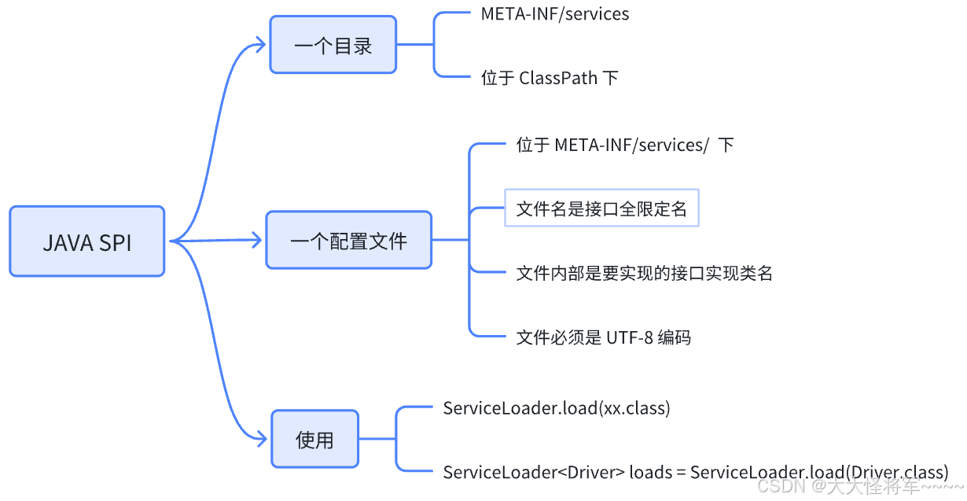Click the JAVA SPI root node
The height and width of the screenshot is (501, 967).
coord(86,241)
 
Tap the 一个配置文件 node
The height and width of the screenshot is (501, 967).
coord(348,240)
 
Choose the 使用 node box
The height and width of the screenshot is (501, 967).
coord(314,440)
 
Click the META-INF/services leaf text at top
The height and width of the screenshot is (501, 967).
coord(554,14)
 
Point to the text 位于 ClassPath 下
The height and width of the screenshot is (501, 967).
coord(549,78)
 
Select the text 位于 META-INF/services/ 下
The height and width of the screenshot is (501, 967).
coord(624,146)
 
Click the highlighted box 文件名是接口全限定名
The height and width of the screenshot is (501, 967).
coord(601,208)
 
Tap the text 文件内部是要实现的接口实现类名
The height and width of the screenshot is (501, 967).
coord(644,273)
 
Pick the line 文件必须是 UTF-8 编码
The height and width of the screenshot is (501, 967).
coord(603,337)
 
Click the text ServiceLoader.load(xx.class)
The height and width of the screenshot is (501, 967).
coord(556,408)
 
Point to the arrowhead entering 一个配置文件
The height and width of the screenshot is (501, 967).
coord(256,240)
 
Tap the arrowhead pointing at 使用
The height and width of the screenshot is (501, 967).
coord(263,439)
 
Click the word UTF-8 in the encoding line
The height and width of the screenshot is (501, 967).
coord(629,337)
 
